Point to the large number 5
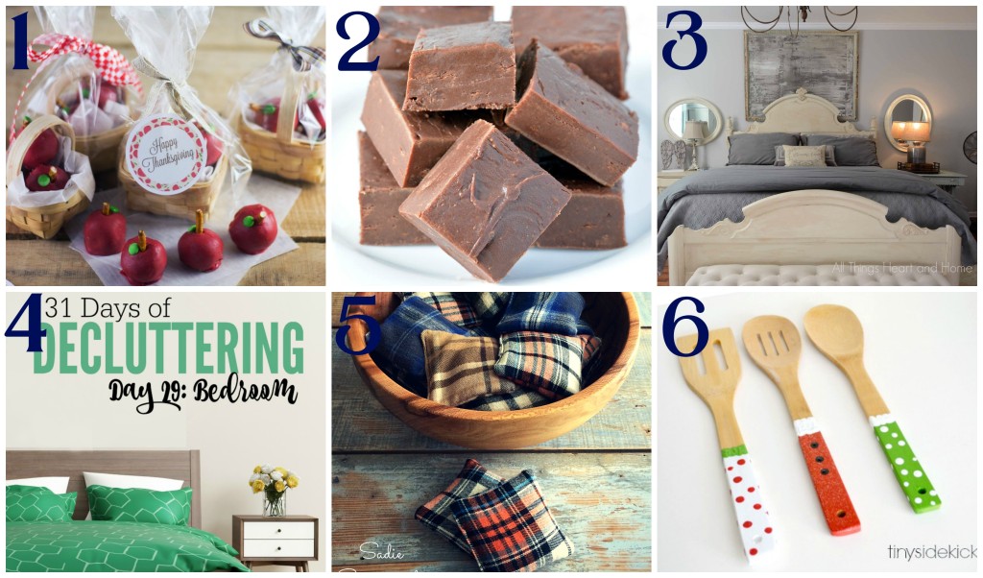coord(357,325)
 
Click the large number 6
coord(684,326)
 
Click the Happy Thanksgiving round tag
coord(165,154)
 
